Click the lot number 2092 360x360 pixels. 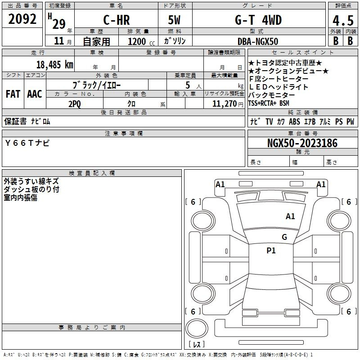(22, 19)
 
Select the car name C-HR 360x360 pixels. (117, 20)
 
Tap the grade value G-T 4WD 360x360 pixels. (258, 20)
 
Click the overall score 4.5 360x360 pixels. (343, 21)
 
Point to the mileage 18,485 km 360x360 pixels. (55, 65)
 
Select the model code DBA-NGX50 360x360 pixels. (258, 41)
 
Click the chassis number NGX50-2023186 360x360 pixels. (302, 143)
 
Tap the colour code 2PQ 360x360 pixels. (75, 104)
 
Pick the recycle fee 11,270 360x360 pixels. (224, 104)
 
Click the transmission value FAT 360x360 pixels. (13, 94)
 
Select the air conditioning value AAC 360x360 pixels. (35, 94)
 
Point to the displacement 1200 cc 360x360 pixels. (141, 42)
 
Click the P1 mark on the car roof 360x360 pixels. (271, 251)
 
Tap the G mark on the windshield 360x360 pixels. (284, 237)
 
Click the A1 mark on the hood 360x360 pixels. (290, 216)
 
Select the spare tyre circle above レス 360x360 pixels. (197, 328)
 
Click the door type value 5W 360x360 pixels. (174, 20)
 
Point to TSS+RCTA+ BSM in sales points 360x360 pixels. (269, 103)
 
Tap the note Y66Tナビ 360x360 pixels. (27, 143)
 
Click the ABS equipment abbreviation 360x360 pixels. (294, 121)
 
